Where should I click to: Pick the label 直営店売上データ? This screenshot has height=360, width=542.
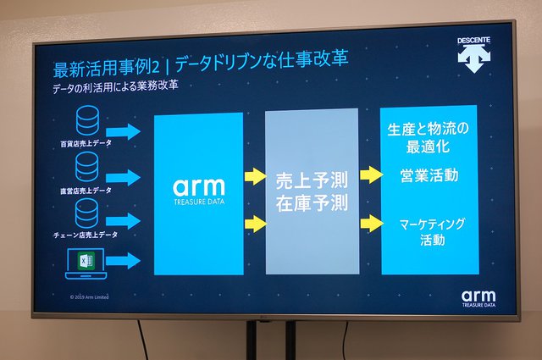coord(86,191)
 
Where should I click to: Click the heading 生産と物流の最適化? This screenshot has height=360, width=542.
coord(428,138)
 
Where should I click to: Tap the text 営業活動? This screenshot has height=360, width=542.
coord(429,176)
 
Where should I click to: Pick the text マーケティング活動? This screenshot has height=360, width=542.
coord(428,231)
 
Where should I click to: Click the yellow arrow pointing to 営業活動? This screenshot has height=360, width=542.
coord(371,174)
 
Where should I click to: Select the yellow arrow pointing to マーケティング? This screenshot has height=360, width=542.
coord(371,224)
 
